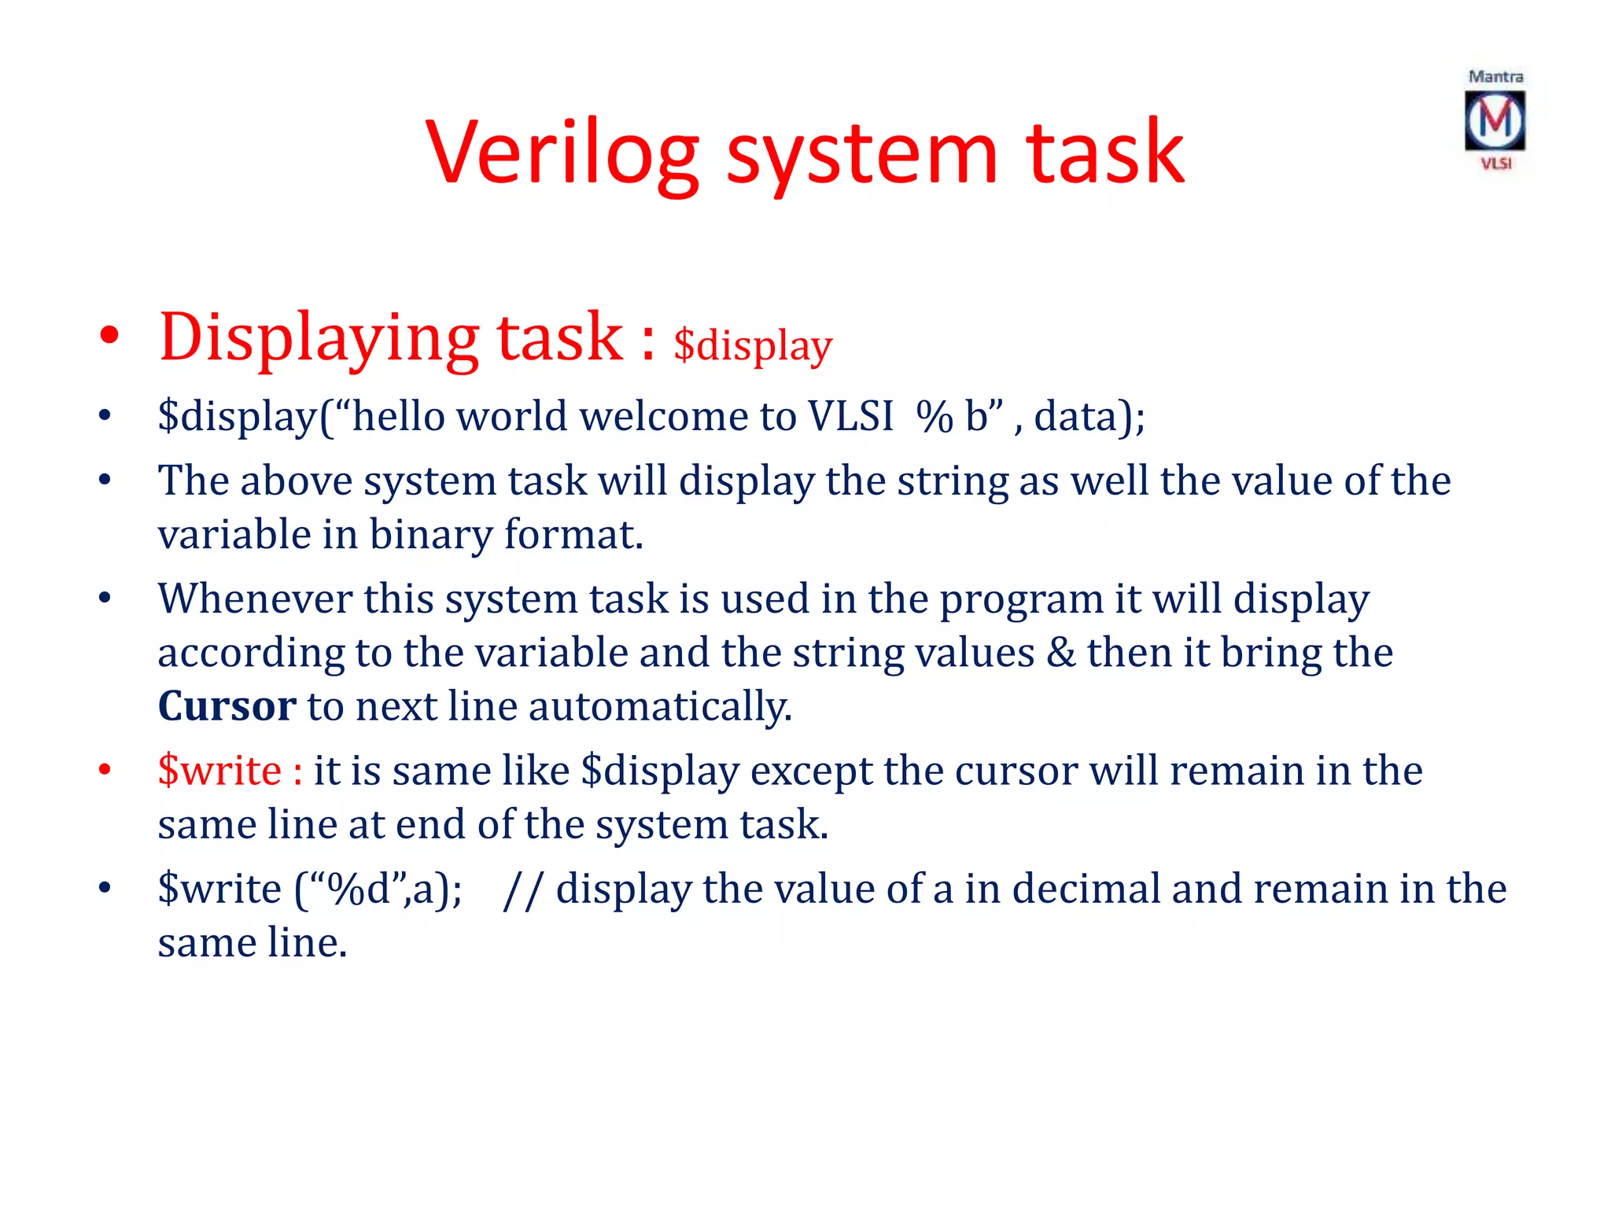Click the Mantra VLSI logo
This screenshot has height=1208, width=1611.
[x=1495, y=120]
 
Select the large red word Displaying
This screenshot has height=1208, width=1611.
[x=319, y=338]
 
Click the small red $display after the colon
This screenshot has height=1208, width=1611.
[x=753, y=346]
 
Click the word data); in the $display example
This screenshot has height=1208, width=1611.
[x=1089, y=416]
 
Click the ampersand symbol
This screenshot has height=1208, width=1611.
[x=1060, y=653]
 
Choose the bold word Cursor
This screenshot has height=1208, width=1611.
[x=227, y=706]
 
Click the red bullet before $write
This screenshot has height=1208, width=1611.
[x=105, y=770]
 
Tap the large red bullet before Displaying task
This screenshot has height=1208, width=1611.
[x=109, y=337]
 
